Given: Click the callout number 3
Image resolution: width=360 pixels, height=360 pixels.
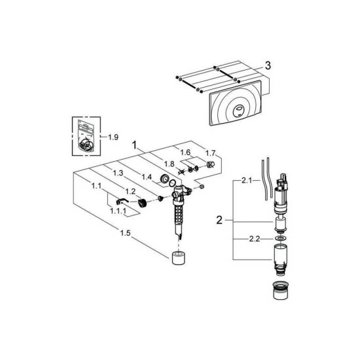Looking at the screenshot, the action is pos(268,65).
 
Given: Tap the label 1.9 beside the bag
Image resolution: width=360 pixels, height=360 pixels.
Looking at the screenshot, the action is pos(113,137).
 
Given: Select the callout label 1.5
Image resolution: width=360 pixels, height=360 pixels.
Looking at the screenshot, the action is pos(125,233).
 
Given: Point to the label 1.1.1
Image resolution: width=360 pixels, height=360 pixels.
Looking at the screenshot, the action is pos(118,211).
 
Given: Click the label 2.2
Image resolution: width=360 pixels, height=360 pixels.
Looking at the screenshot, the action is pos(255,239).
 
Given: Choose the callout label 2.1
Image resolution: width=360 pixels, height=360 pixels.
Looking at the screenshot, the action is pos(247,181).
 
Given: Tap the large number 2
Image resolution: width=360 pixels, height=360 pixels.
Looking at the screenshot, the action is pos(219,221).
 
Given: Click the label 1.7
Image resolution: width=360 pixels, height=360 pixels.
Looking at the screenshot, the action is pos(210,153).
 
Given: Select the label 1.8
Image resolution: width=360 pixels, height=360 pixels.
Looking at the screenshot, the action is pos(169,164).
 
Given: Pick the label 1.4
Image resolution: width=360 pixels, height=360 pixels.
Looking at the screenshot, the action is pos(147,177).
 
